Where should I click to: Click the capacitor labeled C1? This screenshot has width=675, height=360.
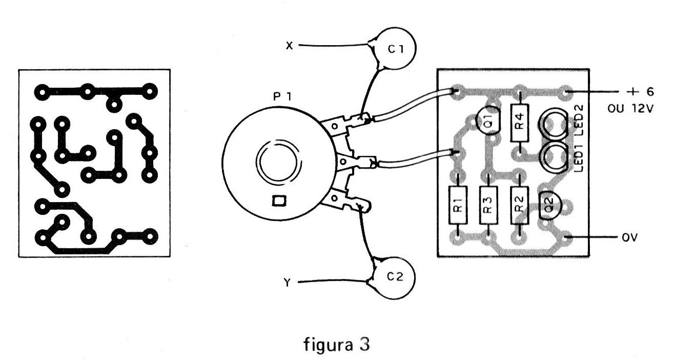tap(395, 49)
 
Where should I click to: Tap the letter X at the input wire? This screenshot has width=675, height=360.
tap(289, 46)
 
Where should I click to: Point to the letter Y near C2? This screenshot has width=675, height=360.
tap(288, 283)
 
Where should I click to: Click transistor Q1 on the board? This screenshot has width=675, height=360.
tap(488, 122)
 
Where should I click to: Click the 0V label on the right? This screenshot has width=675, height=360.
tap(629, 238)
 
